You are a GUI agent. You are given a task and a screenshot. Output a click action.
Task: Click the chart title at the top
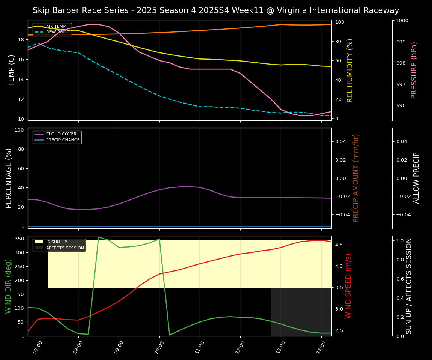point(216,10)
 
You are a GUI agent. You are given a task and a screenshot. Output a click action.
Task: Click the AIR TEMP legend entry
point(55,27)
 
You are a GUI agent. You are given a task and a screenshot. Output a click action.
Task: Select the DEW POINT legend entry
point(58,32)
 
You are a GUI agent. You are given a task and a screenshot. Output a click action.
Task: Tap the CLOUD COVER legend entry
point(61,134)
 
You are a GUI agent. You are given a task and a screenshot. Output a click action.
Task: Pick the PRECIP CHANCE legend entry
point(63,140)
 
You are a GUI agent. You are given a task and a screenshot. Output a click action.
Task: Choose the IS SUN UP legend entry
point(56,242)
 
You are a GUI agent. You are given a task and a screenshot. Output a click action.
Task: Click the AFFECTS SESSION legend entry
point(65,248)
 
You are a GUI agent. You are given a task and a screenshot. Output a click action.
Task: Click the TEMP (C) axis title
point(12,70)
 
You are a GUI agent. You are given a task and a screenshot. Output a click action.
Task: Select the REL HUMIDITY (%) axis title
point(350,70)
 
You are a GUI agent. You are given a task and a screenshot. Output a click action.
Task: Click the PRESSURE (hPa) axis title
point(414,70)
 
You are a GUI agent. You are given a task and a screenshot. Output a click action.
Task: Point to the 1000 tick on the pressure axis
point(401,21)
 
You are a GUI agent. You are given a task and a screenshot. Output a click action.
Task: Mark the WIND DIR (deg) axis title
point(8,286)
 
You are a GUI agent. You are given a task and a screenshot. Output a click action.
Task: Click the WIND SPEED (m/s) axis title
point(348,286)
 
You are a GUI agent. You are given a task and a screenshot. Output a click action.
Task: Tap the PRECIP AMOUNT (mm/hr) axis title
point(356,178)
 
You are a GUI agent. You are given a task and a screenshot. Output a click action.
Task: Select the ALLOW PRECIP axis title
point(416,178)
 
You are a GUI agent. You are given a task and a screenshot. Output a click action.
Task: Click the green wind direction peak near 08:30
point(99,237)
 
